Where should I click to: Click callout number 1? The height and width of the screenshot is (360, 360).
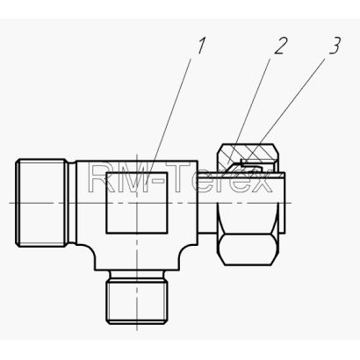coord(201,46)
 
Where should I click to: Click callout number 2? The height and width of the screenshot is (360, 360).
coord(280,46)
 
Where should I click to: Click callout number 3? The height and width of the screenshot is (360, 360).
coord(335,46)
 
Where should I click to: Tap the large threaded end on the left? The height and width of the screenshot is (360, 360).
coord(41,203)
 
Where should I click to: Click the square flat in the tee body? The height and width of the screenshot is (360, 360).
coord(137,203)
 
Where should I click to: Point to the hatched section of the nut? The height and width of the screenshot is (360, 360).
coord(248,155)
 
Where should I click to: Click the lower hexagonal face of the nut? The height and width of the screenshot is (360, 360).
coord(248,249)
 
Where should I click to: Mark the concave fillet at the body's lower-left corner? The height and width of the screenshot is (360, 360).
coord(87,252)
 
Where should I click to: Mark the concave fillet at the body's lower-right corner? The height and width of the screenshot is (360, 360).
coord(187,252)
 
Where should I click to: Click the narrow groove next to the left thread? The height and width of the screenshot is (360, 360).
coord(72,203)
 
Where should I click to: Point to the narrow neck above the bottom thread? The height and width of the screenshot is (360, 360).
coord(137,275)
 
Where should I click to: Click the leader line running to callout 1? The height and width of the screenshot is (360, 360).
coord(169,120)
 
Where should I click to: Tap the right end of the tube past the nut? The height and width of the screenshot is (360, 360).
coord(282,203)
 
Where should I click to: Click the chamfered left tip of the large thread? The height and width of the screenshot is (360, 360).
coord(18,203)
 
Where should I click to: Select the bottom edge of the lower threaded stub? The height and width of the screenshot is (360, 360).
coord(137,324)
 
